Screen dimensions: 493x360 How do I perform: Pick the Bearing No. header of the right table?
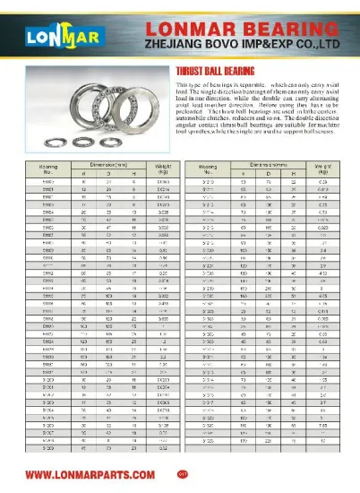click(208, 169)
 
